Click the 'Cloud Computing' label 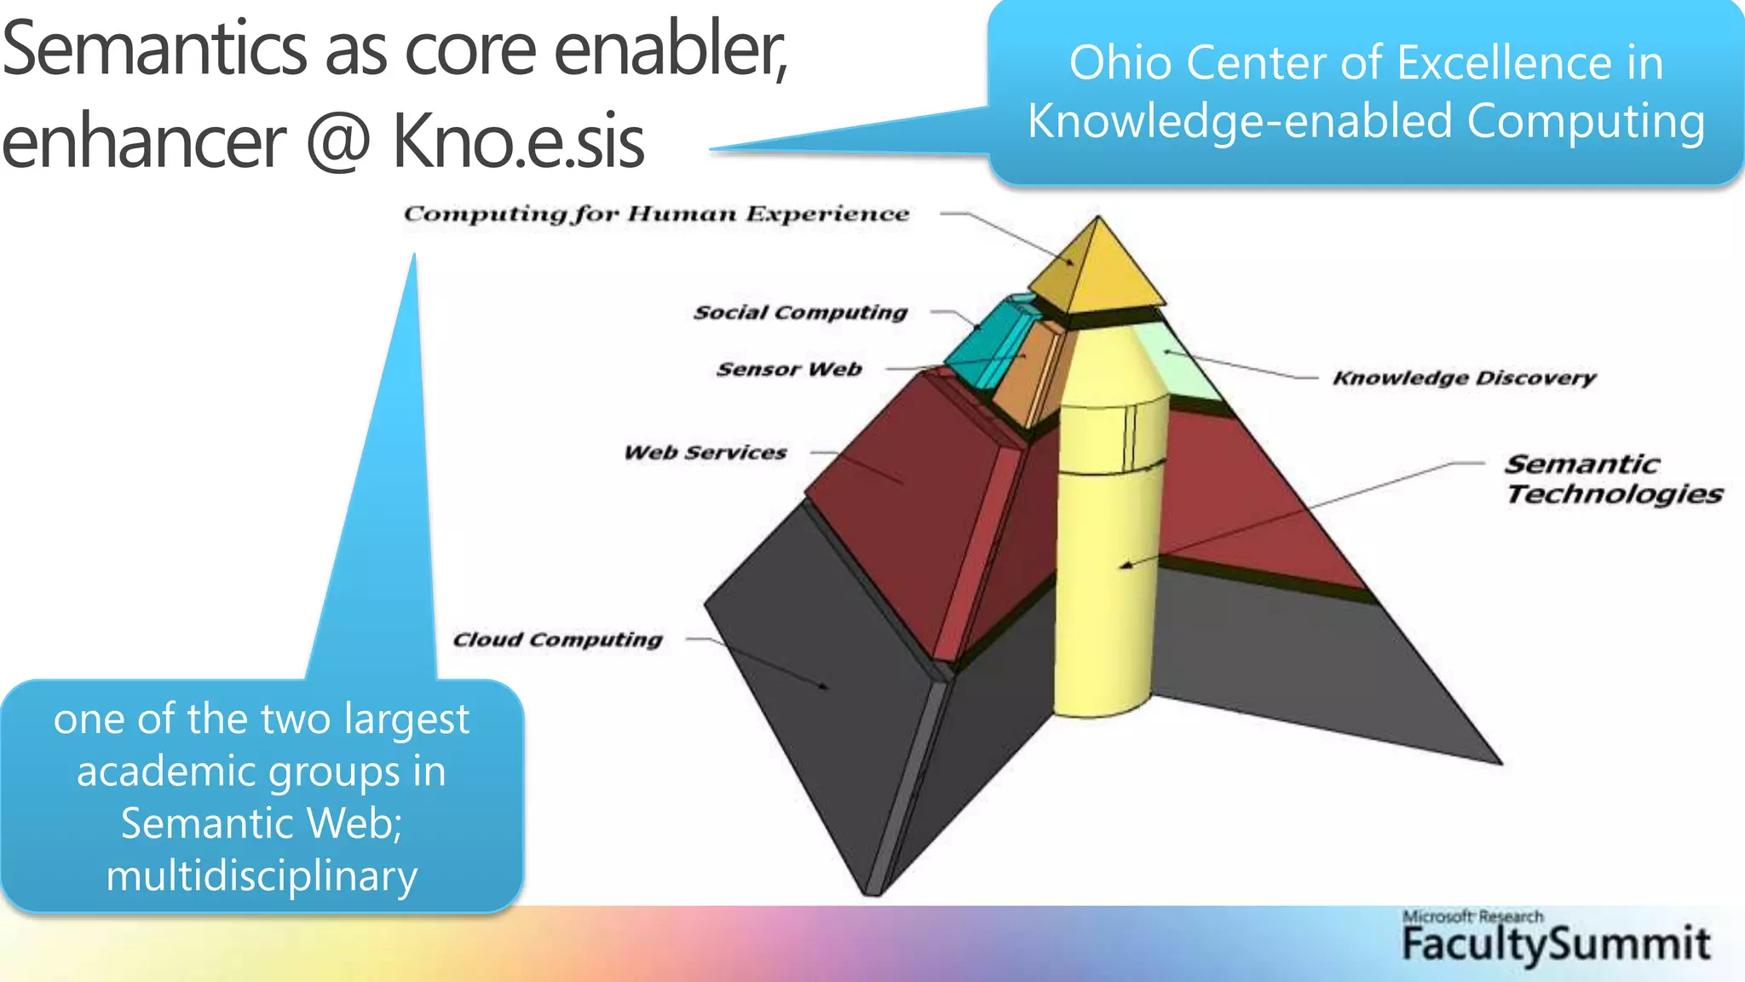click(x=557, y=639)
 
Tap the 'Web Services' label click(x=705, y=453)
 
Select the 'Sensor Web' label click(x=789, y=369)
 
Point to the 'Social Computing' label click(x=800, y=313)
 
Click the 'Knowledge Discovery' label click(x=1464, y=378)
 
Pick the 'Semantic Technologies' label click(x=1613, y=479)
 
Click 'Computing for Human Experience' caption click(x=656, y=214)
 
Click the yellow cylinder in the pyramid click(x=1106, y=554)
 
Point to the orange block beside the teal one click(x=1027, y=375)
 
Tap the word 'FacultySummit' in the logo click(x=1556, y=944)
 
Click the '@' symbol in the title click(x=338, y=142)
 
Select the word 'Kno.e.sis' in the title click(x=518, y=142)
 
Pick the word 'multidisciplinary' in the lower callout click(x=262, y=876)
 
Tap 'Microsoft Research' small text click(x=1472, y=916)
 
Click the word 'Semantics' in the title click(x=154, y=49)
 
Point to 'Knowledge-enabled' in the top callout click(x=1240, y=121)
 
